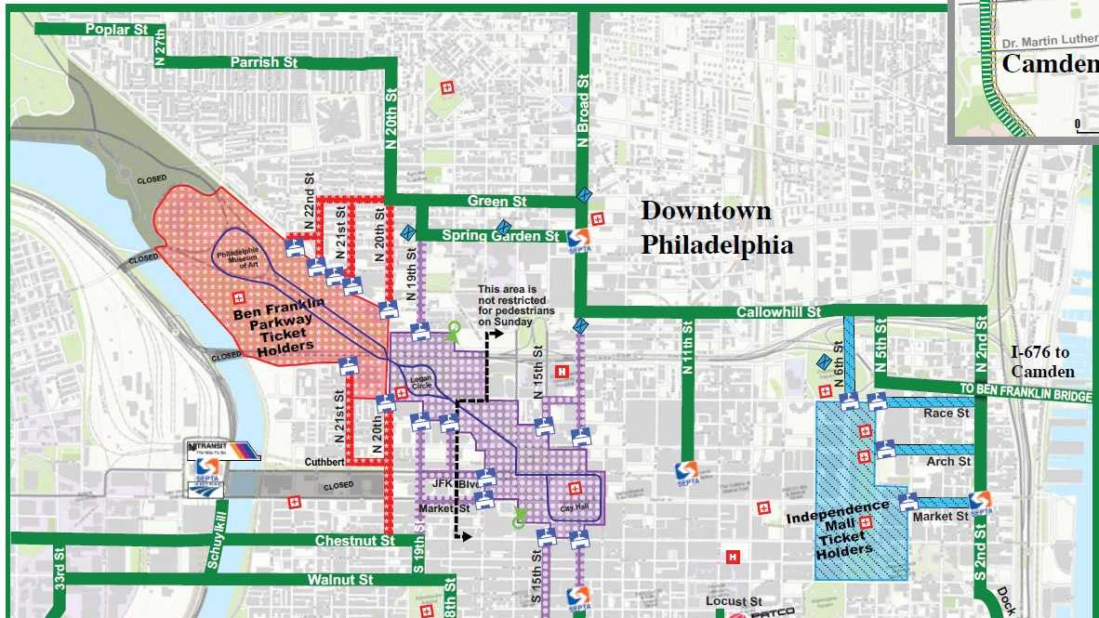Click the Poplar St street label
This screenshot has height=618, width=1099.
pyautogui.click(x=116, y=29)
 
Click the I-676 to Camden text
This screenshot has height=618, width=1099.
pyautogui.click(x=1041, y=362)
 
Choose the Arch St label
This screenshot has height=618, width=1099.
pyautogui.click(x=948, y=461)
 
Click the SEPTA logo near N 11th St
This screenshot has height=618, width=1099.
pyautogui.click(x=689, y=472)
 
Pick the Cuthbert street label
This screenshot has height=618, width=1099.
pyautogui.click(x=325, y=462)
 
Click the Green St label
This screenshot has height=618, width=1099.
pyautogui.click(x=496, y=201)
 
